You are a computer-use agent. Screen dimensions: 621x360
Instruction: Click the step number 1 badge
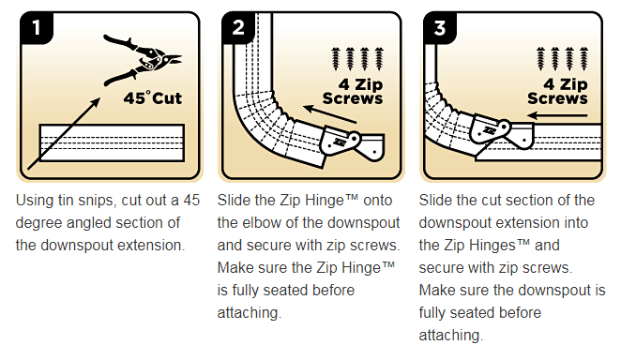click(x=37, y=28)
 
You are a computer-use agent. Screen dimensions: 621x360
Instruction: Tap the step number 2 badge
click(x=238, y=28)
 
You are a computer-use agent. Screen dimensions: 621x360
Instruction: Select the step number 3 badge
click(x=440, y=28)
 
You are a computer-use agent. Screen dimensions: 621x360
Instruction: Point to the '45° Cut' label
click(x=153, y=97)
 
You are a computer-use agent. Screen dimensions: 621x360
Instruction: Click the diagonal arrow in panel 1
click(x=64, y=134)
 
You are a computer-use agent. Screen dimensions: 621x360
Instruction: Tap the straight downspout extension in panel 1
click(x=112, y=142)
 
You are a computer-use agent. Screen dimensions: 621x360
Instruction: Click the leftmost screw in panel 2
click(x=336, y=59)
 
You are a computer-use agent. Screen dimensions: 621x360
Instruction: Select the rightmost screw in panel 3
click(x=583, y=59)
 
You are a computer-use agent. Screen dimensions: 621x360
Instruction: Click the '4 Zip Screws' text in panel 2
click(x=353, y=91)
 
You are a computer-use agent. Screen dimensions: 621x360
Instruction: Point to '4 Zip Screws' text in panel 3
click(x=557, y=91)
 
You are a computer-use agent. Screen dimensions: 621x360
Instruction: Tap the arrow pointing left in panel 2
click(x=330, y=114)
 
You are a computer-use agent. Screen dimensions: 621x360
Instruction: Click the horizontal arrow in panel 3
click(x=557, y=115)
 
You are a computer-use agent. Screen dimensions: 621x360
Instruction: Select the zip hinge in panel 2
click(x=351, y=143)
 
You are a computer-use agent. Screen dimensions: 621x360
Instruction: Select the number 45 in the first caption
click(x=191, y=201)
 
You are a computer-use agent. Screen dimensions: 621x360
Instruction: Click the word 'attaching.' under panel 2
click(x=250, y=313)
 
